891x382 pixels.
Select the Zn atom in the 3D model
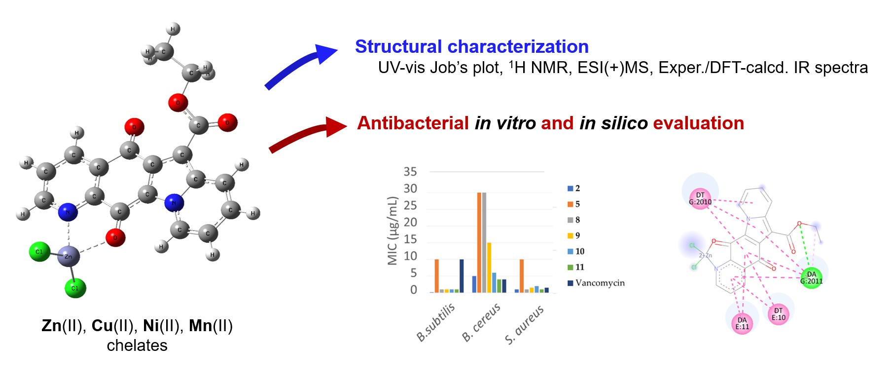pos(68,256)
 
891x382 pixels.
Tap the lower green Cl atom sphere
pos(75,288)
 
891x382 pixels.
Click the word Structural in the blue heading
pos(398,46)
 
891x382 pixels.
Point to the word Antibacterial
pos(413,123)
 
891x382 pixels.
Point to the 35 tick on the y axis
pos(410,172)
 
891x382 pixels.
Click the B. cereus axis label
pos(481,322)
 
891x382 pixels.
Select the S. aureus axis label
pos(524,324)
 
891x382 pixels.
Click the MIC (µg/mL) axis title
pos(392,230)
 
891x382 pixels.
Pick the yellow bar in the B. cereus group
pos(489,267)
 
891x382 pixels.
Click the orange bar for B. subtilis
pos(437,275)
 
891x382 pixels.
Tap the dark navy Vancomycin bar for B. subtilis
pos(462,275)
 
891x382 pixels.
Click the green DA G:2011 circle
pos(811,278)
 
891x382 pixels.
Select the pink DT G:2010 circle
pos(700,198)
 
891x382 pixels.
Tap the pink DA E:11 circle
pos(742,323)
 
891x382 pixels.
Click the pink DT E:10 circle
pos(778,314)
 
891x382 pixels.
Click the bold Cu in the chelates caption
pos(103,326)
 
